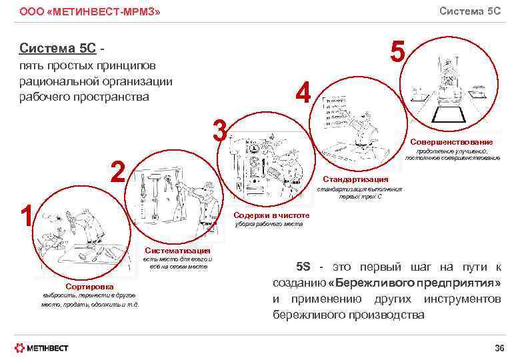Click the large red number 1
coord(26,215)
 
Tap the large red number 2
coord(118,172)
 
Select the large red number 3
coord(219,130)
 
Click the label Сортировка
coord(89,287)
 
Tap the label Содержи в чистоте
coord(272,215)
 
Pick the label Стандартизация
coord(355,179)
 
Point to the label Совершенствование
coord(451,142)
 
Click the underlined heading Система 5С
coord(57,48)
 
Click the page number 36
coord(499,348)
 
